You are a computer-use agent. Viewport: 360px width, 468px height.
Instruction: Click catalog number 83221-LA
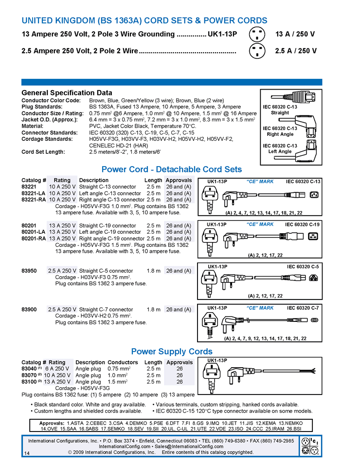coord(33,193)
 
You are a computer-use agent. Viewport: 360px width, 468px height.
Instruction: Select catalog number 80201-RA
coord(33,239)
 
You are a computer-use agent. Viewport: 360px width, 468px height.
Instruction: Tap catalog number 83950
coord(29,271)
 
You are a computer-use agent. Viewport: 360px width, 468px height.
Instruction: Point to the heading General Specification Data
coord(67,93)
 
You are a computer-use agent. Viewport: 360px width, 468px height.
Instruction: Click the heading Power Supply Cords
coord(172,351)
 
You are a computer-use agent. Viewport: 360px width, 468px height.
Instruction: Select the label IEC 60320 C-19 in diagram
coord(303,225)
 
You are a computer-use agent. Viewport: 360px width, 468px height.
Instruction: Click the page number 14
coord(26,453)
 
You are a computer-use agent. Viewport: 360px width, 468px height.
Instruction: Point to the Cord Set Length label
coord(43,151)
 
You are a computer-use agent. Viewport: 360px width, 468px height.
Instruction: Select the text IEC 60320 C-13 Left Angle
coord(280,149)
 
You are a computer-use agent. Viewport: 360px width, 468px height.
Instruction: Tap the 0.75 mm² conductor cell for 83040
coord(118,369)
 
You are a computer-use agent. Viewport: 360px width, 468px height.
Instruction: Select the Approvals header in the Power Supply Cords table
coord(180,362)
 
